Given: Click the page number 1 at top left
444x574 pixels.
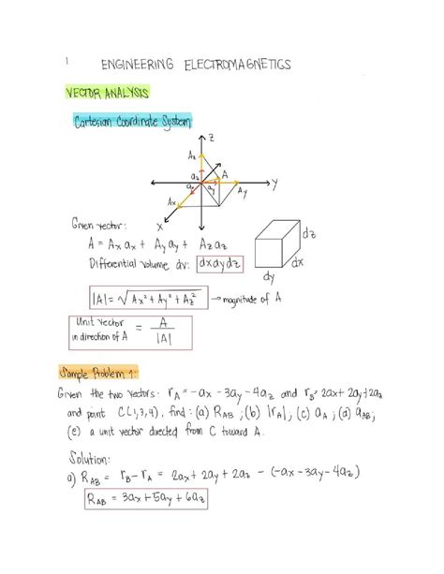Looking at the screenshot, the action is coord(67,61).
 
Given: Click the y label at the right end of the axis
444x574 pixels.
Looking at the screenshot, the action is coord(276,184).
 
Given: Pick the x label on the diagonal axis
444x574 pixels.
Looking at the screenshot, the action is coord(159,226).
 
